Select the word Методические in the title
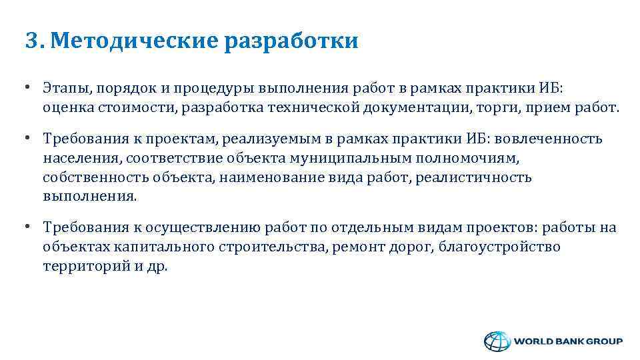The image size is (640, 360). (133, 41)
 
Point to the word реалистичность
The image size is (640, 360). (473, 177)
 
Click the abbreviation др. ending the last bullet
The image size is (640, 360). (158, 266)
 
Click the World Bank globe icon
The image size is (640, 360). (495, 341)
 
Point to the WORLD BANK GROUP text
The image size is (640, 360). (567, 341)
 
